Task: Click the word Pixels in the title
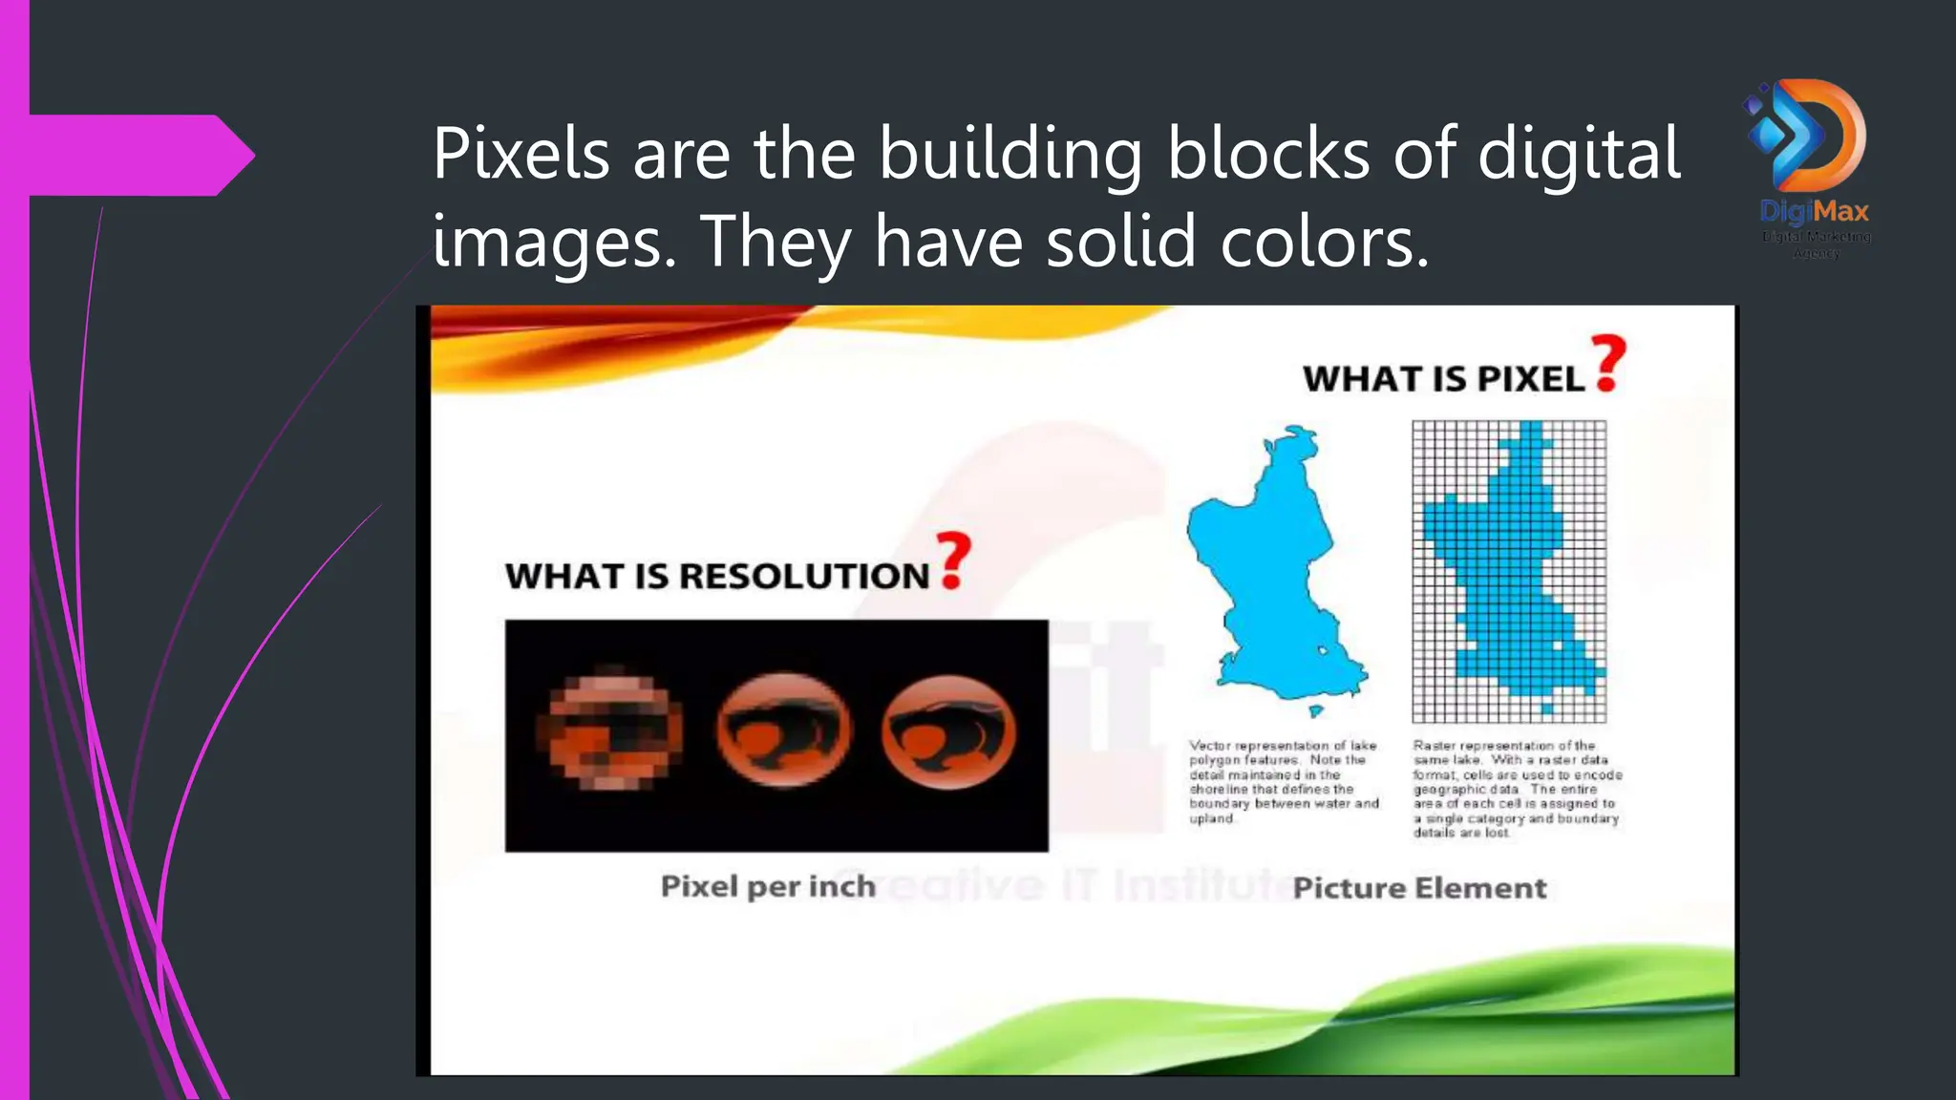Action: [521, 154]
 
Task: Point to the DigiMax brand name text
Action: [1815, 211]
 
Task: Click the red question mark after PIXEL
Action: [1609, 363]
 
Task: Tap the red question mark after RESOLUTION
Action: [953, 561]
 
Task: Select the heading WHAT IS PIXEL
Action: [1443, 380]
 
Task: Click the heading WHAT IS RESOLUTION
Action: [716, 577]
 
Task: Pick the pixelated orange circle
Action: [609, 731]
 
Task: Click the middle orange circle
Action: [783, 731]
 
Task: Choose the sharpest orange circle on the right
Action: [948, 731]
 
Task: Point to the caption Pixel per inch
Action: [768, 887]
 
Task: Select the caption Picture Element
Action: [1419, 889]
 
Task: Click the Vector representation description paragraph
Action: [1284, 782]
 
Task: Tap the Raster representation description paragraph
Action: [1517, 789]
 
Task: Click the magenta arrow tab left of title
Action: [143, 155]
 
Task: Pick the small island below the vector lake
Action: [1315, 710]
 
